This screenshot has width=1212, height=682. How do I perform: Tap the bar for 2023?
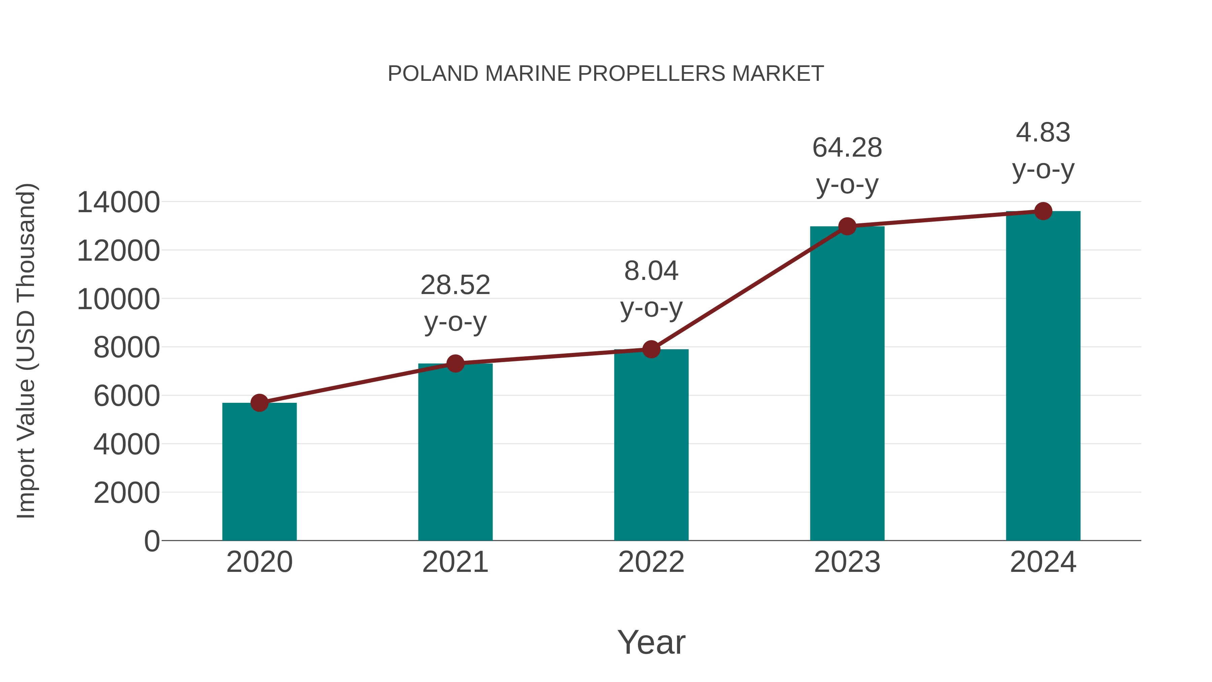(847, 383)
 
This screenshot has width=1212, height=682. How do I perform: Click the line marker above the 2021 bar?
(455, 363)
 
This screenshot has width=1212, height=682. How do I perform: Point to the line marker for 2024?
(1043, 211)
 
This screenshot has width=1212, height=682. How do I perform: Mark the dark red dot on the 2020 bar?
(259, 402)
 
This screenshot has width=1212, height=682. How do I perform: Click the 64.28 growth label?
(847, 148)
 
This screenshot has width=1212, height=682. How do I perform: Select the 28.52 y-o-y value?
(455, 285)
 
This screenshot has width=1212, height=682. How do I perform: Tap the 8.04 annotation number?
(651, 271)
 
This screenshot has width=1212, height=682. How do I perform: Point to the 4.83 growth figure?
(1043, 132)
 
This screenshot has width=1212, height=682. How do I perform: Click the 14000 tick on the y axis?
(118, 203)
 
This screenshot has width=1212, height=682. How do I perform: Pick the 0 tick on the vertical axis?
(151, 541)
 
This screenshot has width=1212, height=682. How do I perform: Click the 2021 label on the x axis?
(455, 562)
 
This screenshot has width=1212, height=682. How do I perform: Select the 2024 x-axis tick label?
(1043, 562)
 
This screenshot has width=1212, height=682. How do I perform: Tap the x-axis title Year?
(651, 642)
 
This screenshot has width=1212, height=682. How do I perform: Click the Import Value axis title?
(26, 351)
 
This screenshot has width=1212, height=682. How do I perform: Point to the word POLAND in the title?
(433, 74)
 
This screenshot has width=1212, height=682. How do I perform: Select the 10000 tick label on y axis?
(118, 299)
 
